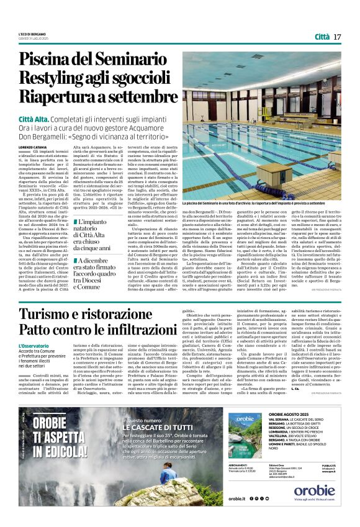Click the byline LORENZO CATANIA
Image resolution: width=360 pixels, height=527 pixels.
click(32, 146)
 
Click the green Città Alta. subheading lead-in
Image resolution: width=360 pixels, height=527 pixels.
click(36, 118)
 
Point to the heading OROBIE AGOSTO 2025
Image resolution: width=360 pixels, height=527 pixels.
click(305, 413)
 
